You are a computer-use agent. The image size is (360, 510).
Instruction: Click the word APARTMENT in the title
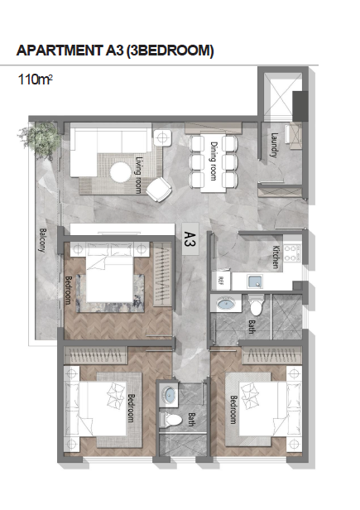coord(59,51)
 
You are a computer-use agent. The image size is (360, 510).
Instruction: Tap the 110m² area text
coord(35,79)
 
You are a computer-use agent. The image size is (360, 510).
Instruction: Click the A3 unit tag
coord(190,238)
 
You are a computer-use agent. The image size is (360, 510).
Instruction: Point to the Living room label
coord(139,175)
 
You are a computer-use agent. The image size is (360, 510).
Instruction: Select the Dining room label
coord(214,161)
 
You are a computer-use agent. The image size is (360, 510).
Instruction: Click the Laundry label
coord(274,145)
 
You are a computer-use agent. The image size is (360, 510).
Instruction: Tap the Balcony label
coord(43,240)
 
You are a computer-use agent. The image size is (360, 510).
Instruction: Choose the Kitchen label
coord(276,257)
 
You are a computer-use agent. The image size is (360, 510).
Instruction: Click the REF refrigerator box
coord(221,280)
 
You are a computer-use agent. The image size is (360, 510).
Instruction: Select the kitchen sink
coord(256,281)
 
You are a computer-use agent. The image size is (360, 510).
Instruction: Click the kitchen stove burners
coord(292,253)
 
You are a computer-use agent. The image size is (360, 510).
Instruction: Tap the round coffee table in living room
coord(121,172)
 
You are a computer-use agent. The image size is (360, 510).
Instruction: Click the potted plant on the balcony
coord(40,141)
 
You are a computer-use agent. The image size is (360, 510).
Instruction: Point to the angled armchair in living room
coord(159,189)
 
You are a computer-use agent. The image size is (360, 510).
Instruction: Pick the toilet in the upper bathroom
coord(257,305)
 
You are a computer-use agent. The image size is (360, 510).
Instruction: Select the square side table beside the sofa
coord(162,137)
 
